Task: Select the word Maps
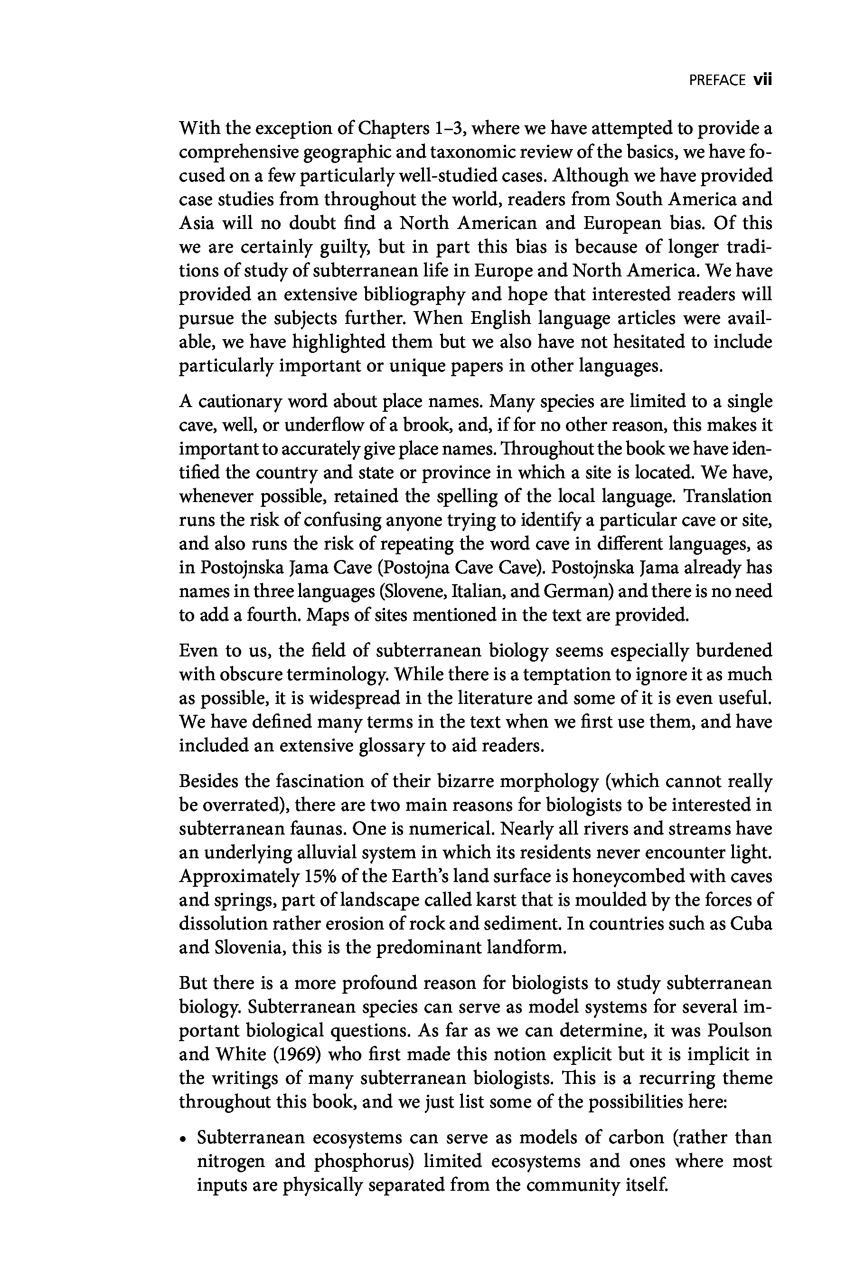326,616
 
